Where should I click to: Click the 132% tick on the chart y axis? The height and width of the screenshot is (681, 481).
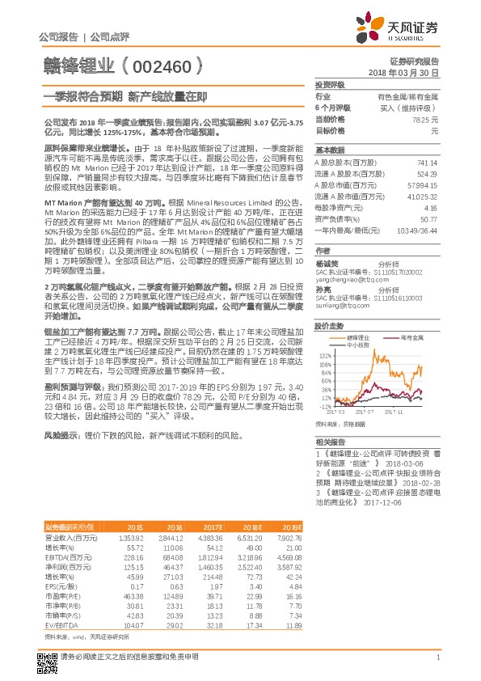(326, 353)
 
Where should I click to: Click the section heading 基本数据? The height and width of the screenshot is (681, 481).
(329, 150)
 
